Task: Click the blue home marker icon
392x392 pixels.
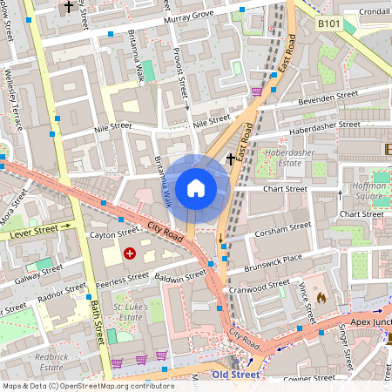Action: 196,187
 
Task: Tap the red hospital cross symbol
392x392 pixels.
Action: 130,253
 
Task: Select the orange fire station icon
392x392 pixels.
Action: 320,297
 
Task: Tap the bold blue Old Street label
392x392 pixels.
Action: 238,375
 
